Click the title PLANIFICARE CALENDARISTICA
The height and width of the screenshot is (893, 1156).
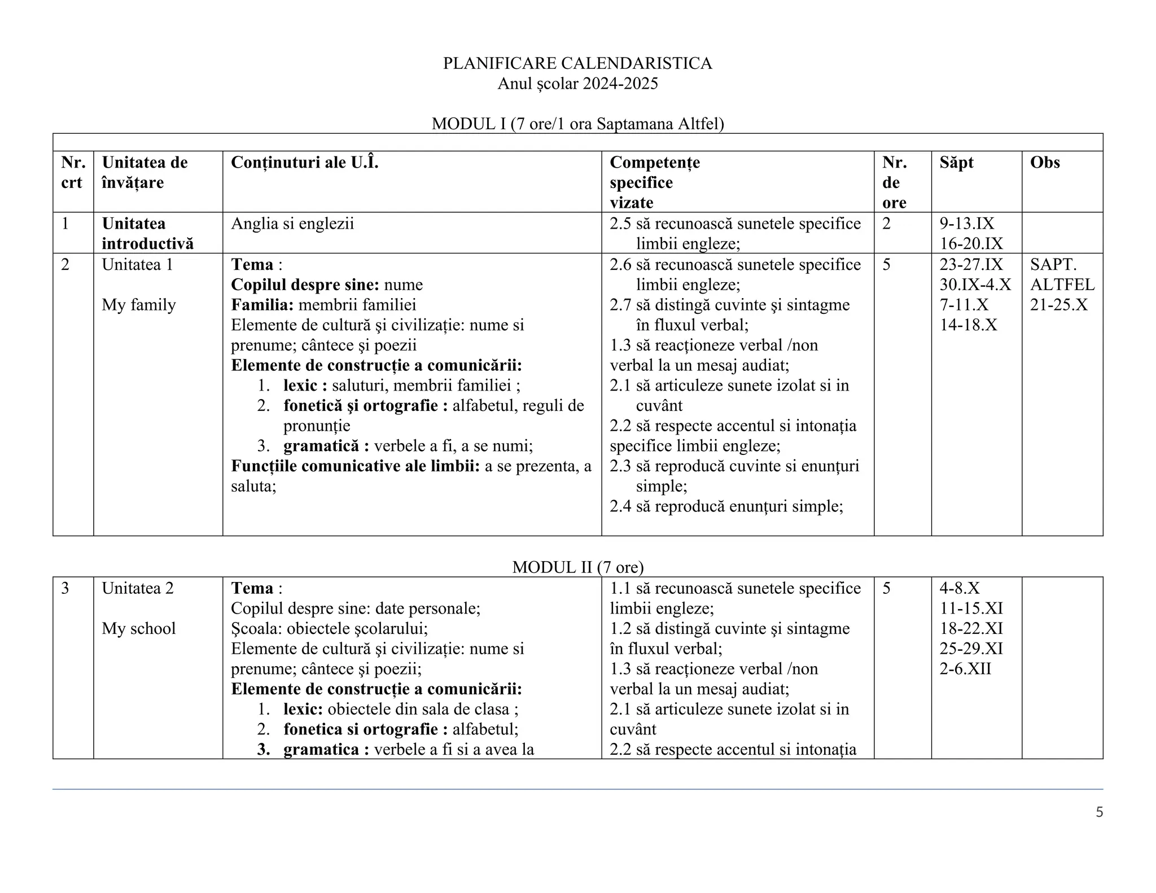577,63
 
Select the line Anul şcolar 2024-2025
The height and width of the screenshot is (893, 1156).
577,84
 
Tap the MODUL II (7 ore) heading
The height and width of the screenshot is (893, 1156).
577,567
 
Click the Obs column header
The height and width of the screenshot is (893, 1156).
1045,163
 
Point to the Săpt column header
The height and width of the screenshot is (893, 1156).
956,163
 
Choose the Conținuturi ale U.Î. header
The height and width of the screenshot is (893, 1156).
304,163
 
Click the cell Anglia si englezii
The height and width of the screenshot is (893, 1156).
292,224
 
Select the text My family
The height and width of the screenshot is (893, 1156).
139,305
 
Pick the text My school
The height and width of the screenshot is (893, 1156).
139,628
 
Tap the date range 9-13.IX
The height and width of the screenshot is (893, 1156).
966,224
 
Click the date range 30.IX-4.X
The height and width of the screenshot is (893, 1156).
975,284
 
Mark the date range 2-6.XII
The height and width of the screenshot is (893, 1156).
965,669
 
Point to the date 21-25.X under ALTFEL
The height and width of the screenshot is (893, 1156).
1058,305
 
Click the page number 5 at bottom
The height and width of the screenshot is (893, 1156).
1099,812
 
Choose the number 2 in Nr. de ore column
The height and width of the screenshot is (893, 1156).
886,224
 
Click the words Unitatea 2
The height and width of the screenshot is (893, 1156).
138,588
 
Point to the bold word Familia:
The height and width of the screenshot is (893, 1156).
262,305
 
